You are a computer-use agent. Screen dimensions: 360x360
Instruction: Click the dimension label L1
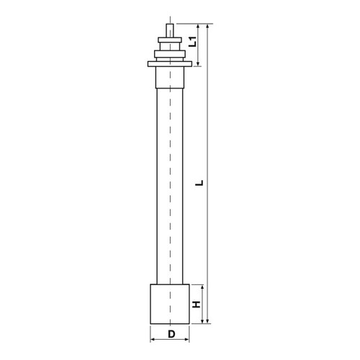(193, 41)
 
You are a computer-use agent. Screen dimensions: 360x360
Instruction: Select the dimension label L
(199, 183)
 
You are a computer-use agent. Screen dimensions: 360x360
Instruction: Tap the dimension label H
(197, 305)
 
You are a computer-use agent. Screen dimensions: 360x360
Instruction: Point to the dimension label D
(171, 334)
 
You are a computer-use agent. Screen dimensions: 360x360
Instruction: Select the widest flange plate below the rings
(170, 64)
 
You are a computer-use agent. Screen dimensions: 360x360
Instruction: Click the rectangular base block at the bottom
(170, 304)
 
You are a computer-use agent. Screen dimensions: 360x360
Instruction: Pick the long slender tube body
(170, 186)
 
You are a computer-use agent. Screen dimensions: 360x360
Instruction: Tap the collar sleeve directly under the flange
(170, 78)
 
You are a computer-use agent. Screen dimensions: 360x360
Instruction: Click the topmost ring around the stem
(170, 40)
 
